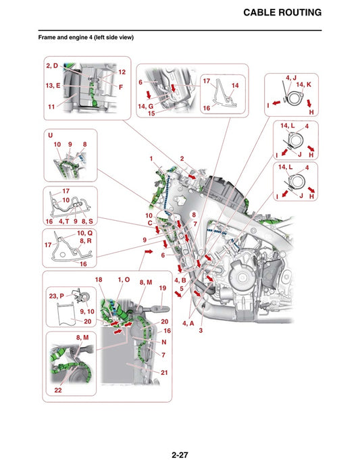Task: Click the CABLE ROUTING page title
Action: (x=282, y=13)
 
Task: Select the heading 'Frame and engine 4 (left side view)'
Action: (x=86, y=38)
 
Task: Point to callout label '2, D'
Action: (x=53, y=66)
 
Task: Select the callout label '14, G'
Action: (x=147, y=106)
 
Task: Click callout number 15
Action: (x=151, y=114)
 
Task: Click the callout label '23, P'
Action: (x=56, y=295)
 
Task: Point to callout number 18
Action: (x=99, y=280)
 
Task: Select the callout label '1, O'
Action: (x=124, y=280)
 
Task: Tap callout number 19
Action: (x=162, y=288)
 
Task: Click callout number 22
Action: (x=59, y=390)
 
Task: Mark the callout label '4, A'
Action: (x=188, y=323)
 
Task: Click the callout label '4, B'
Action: (x=180, y=280)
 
